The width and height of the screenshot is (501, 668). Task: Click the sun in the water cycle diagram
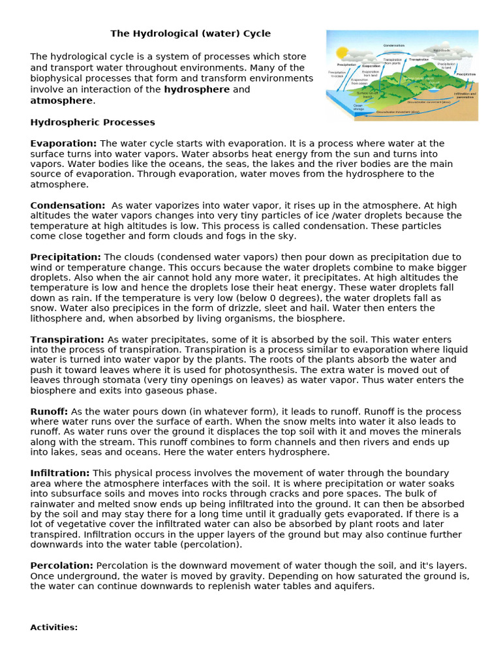(342, 52)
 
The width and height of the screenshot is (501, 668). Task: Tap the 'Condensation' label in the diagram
(393, 45)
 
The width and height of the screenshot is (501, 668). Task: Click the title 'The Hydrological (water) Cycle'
(190, 33)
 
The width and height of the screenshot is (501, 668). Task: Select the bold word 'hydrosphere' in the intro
(196, 89)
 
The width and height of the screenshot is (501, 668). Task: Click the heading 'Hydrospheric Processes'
(93, 122)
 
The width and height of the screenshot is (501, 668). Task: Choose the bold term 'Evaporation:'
(63, 143)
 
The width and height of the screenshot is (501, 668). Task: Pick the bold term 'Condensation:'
(67, 205)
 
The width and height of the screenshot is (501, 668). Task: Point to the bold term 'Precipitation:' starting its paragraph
(65, 257)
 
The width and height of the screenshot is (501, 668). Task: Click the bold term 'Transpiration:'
(67, 339)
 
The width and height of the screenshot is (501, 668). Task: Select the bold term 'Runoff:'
(49, 412)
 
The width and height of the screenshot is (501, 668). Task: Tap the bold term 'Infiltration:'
(60, 473)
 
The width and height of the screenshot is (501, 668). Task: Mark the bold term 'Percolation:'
(61, 565)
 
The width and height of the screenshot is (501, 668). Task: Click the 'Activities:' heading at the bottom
(54, 627)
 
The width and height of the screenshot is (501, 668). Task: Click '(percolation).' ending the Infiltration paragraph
(211, 544)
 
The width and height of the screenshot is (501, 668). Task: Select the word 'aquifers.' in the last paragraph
(355, 586)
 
